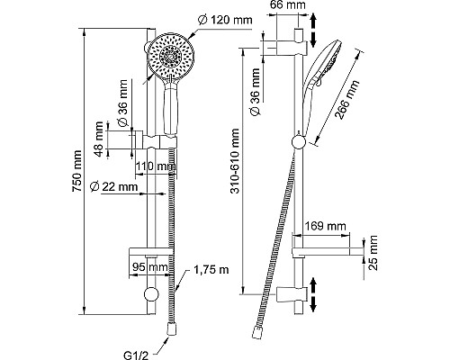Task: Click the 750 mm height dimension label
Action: [76, 171]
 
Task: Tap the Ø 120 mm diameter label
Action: [225, 21]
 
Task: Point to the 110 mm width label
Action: [156, 166]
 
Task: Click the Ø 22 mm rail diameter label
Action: [113, 186]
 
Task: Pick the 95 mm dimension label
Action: [150, 266]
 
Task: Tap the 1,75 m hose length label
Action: [211, 270]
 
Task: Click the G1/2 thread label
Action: [136, 355]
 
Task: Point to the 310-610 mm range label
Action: [236, 161]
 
